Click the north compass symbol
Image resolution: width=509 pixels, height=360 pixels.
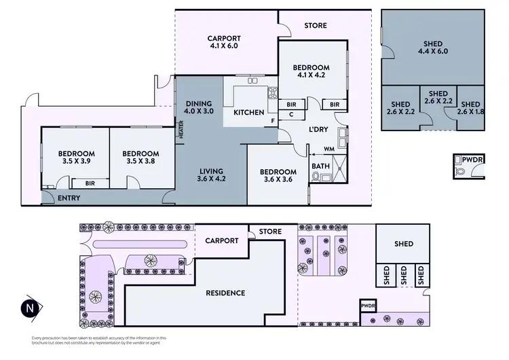point(29,307)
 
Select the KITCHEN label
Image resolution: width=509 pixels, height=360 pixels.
point(248,112)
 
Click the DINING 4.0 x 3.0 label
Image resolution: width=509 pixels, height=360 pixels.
point(199,107)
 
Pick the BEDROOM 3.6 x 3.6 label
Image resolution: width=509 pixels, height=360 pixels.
point(278,177)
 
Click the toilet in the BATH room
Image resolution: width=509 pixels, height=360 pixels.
point(317,177)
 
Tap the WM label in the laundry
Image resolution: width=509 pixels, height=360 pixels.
point(329,148)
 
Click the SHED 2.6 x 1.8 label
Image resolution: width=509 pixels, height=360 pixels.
point(470,108)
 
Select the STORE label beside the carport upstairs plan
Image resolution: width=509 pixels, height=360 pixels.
point(316,26)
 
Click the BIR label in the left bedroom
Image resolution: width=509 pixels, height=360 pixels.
point(90,183)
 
